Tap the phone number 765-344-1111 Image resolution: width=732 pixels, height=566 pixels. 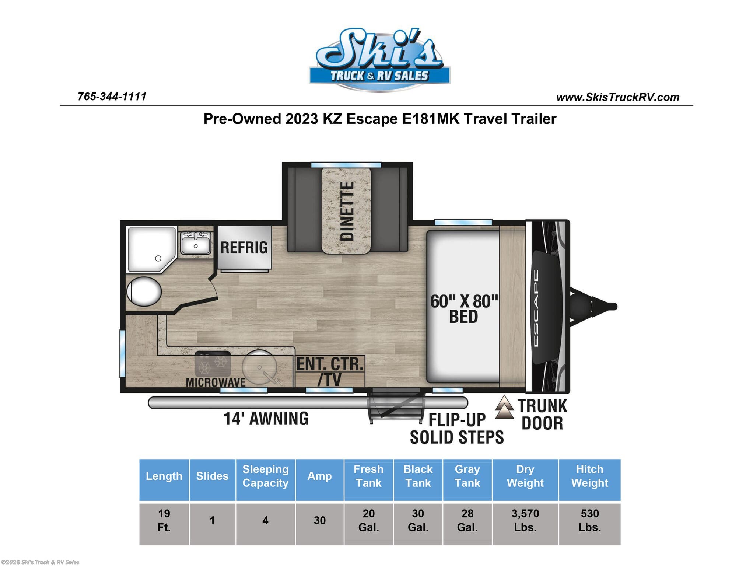coord(112,97)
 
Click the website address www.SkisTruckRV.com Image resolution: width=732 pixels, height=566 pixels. coord(618,97)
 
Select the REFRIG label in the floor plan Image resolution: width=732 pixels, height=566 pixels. coord(244,247)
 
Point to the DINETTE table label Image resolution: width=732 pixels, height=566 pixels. coord(346,211)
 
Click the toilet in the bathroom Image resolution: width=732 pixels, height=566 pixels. coord(144,291)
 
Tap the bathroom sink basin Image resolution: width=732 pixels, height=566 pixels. coord(196,244)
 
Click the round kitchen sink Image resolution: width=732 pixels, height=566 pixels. coord(259,367)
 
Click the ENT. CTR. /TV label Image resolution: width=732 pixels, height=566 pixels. coord(330,371)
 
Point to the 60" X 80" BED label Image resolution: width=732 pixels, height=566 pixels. coord(464,309)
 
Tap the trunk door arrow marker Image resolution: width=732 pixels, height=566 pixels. coord(504,407)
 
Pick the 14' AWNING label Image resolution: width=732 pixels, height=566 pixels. coord(266,419)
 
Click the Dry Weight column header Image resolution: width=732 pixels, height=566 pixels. coord(525,476)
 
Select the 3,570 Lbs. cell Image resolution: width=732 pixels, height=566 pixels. coord(525,520)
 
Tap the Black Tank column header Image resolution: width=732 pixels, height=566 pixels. coord(418,476)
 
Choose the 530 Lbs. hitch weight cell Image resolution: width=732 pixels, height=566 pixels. coord(589,520)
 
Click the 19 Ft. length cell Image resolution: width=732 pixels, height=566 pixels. coord(164,520)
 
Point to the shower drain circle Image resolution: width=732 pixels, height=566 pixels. coord(158,258)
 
